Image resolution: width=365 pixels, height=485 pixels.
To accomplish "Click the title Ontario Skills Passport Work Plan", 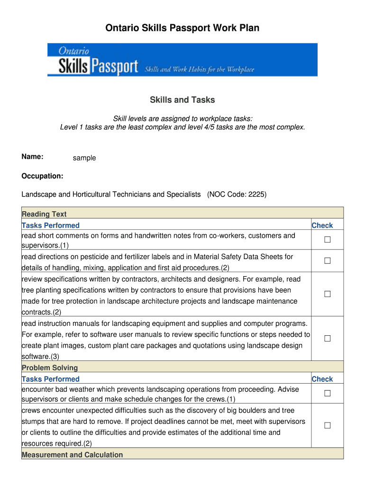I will [182, 28].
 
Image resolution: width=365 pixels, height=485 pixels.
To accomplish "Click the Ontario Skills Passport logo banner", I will [182, 60].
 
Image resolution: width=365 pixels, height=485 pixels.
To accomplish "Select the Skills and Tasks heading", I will [182, 100].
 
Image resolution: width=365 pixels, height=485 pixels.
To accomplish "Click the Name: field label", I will [33, 157].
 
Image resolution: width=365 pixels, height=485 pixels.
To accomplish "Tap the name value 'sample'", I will [84, 158].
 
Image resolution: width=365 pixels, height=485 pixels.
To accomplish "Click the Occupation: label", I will [43, 176].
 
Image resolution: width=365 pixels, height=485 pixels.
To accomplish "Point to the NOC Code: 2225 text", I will [237, 195].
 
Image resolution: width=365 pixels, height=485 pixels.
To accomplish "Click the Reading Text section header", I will [44, 214].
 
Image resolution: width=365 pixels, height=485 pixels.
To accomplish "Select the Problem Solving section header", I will [50, 368].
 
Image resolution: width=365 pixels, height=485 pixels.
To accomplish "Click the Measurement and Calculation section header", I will [72, 455].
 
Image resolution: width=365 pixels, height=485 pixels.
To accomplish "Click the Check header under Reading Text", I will [322, 225].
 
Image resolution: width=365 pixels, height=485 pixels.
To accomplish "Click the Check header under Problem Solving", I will [322, 379].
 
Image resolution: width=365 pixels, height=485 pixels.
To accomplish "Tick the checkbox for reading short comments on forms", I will [327, 240].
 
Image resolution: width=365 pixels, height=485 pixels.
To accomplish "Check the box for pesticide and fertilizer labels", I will [327, 261].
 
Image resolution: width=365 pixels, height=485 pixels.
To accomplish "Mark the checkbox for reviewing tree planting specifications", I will [327, 294].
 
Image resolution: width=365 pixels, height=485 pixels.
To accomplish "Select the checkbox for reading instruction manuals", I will [327, 339].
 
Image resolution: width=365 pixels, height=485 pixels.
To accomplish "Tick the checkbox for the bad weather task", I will [327, 394].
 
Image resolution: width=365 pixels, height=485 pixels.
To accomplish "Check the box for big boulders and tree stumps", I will [327, 426].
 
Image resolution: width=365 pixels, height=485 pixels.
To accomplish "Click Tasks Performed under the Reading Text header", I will [51, 225].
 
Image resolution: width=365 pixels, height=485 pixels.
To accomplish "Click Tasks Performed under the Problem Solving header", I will [51, 379].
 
